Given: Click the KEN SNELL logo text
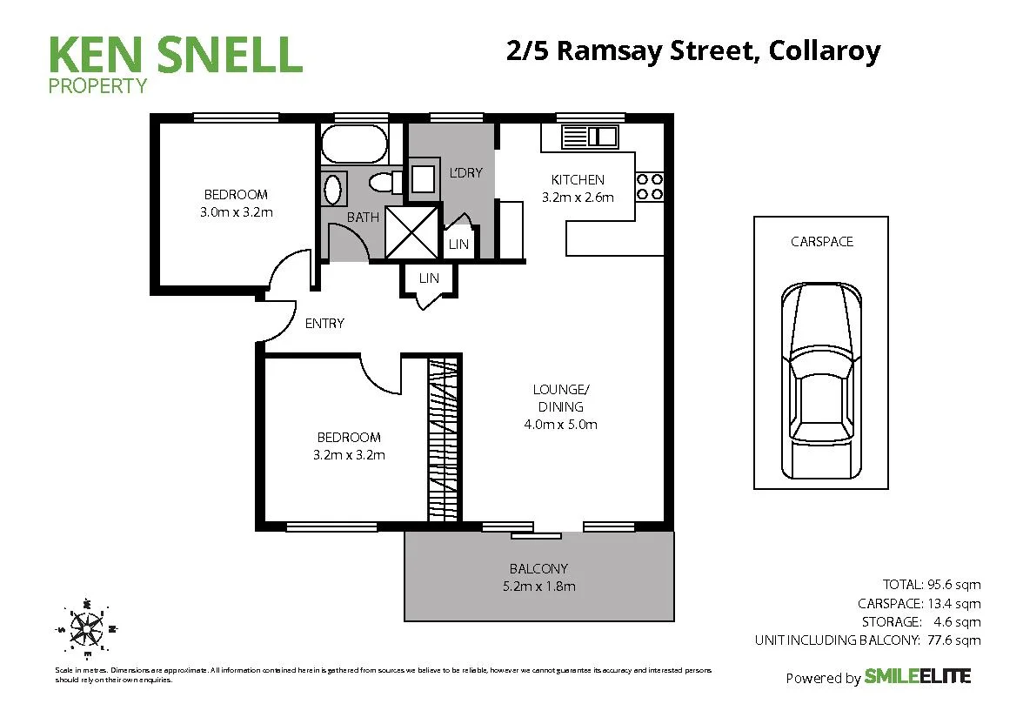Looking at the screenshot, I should tap(175, 54).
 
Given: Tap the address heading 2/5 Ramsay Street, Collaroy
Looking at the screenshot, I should tap(692, 50).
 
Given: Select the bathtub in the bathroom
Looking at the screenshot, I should tap(353, 144).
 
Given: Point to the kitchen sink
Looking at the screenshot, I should tap(589, 137).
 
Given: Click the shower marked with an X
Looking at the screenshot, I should tap(411, 232).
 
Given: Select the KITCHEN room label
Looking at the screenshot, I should tap(578, 180).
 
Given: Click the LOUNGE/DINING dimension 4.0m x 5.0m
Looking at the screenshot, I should tap(560, 425).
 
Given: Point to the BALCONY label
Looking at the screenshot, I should tap(538, 569).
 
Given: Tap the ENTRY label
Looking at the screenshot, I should tap(324, 323).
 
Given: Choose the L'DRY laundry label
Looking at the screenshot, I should tap(465, 172).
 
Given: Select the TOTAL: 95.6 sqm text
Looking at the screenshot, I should tap(931, 584).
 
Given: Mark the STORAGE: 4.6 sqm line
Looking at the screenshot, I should tap(920, 621).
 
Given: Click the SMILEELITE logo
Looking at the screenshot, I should tap(917, 676).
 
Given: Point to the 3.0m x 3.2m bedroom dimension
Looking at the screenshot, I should tap(236, 211).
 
